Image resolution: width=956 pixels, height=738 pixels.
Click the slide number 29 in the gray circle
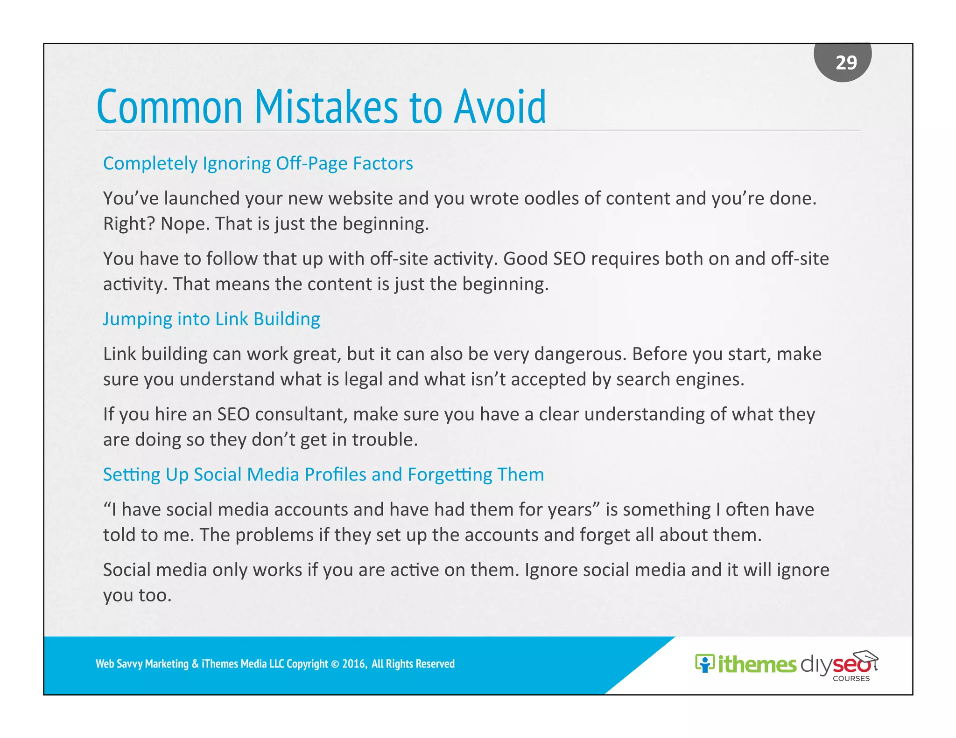pyautogui.click(x=846, y=63)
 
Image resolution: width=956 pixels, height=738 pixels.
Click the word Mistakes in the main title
pyautogui.click(x=326, y=107)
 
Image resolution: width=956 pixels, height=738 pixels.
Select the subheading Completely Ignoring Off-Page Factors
pyautogui.click(x=258, y=164)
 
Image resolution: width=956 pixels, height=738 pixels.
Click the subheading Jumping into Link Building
pyautogui.click(x=211, y=319)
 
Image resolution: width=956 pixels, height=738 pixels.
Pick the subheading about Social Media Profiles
pyautogui.click(x=323, y=474)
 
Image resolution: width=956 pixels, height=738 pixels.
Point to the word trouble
pyautogui.click(x=384, y=440)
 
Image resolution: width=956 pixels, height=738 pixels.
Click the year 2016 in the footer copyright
pyautogui.click(x=354, y=664)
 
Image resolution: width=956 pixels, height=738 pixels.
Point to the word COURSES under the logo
pyautogui.click(x=851, y=679)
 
